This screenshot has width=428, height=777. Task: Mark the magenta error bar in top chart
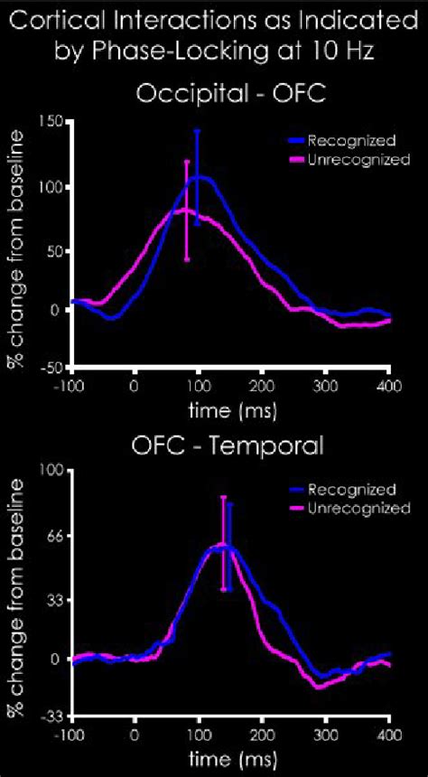point(187,210)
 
